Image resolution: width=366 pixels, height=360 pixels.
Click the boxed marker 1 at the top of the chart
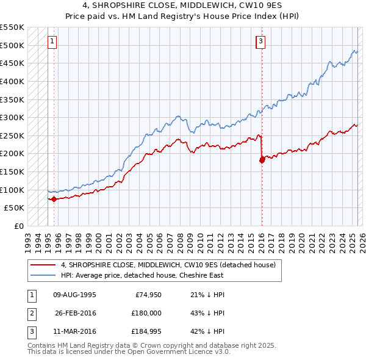(x=52, y=41)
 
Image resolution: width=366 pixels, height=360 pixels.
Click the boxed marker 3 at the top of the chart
(x=260, y=41)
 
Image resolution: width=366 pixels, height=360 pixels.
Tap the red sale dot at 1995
(x=54, y=198)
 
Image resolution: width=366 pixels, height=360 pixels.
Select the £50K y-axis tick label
(x=15, y=207)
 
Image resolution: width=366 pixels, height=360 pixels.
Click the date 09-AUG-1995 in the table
(x=74, y=295)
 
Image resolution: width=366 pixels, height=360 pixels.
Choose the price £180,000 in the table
(x=147, y=313)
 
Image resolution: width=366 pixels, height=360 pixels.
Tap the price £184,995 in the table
(x=147, y=332)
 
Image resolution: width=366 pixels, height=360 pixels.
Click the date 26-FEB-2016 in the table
(x=74, y=313)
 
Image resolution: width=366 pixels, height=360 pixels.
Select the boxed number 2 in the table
(x=31, y=314)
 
